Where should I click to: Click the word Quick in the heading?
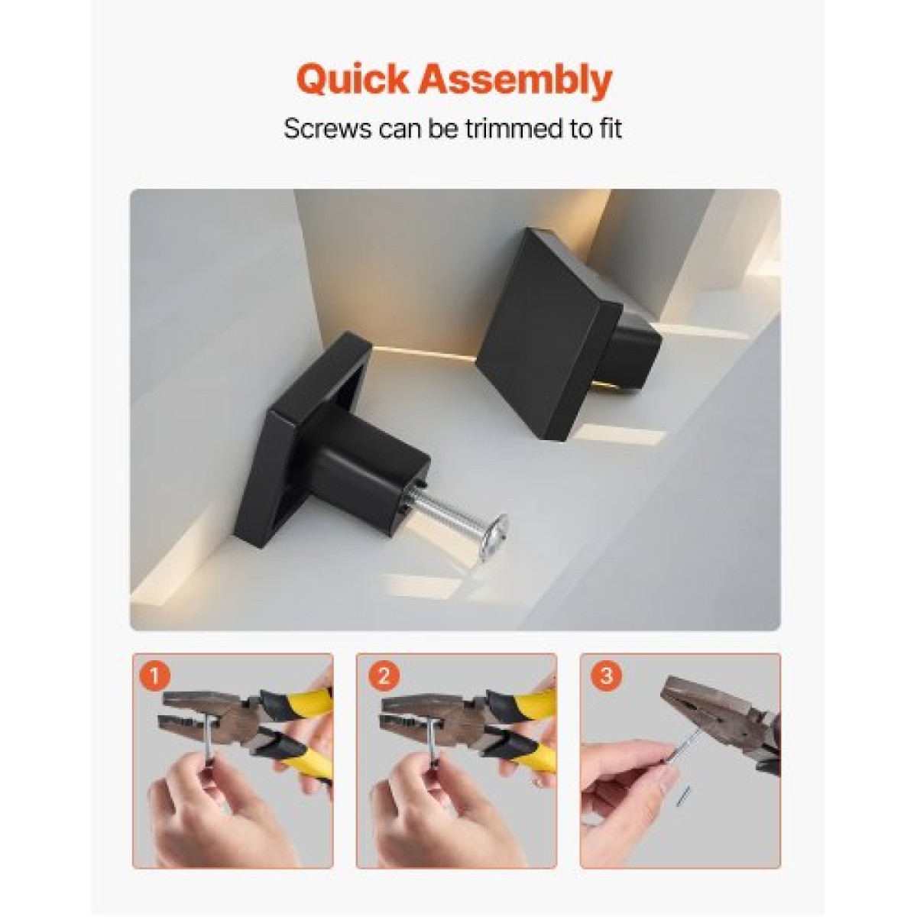pos(352,81)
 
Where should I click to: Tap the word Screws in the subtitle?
pos(327,128)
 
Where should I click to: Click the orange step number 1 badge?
pos(154,676)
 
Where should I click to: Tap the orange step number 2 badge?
pos(384,676)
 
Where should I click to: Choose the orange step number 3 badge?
pos(607,676)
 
